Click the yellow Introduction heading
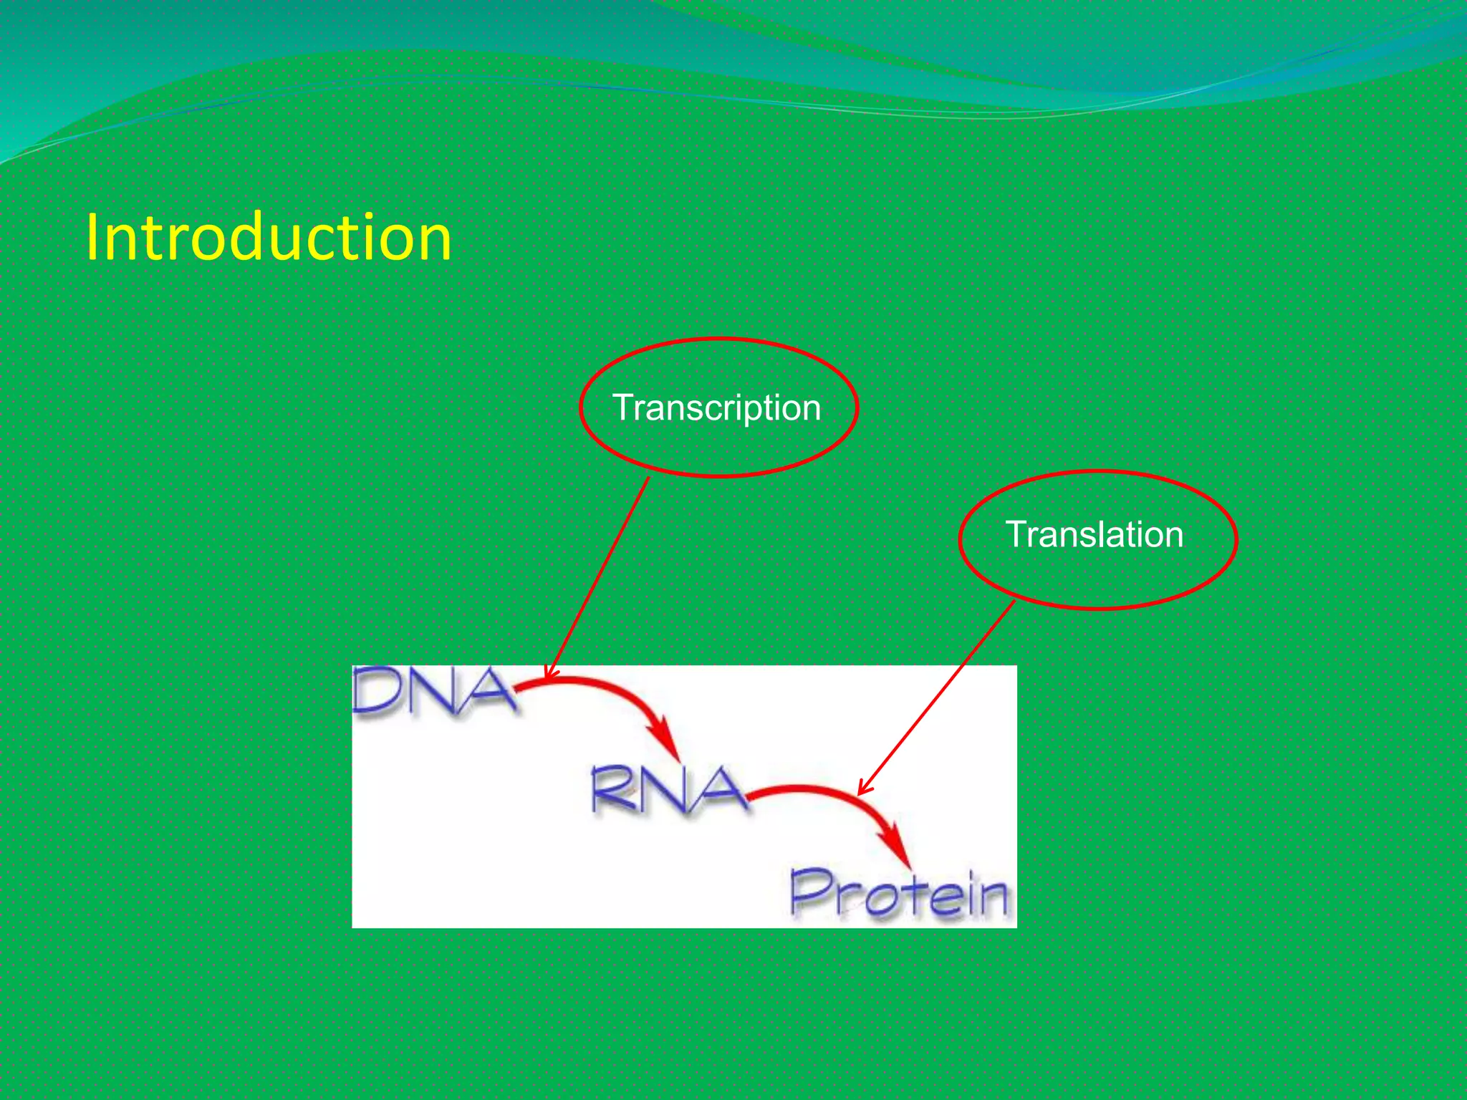pyautogui.click(x=268, y=238)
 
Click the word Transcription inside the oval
pyautogui.click(x=716, y=408)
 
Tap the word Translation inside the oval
pyautogui.click(x=1094, y=535)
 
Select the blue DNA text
pyautogui.click(x=433, y=691)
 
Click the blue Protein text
pyautogui.click(x=899, y=894)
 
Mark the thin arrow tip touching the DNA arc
pyautogui.click(x=548, y=675)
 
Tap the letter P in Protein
pyautogui.click(x=809, y=892)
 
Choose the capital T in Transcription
pyautogui.click(x=625, y=408)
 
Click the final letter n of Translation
pyautogui.click(x=1173, y=536)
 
